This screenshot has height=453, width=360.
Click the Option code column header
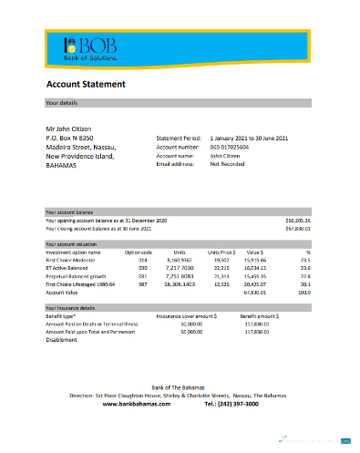(139, 252)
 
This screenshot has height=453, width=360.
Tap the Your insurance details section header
(78, 308)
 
